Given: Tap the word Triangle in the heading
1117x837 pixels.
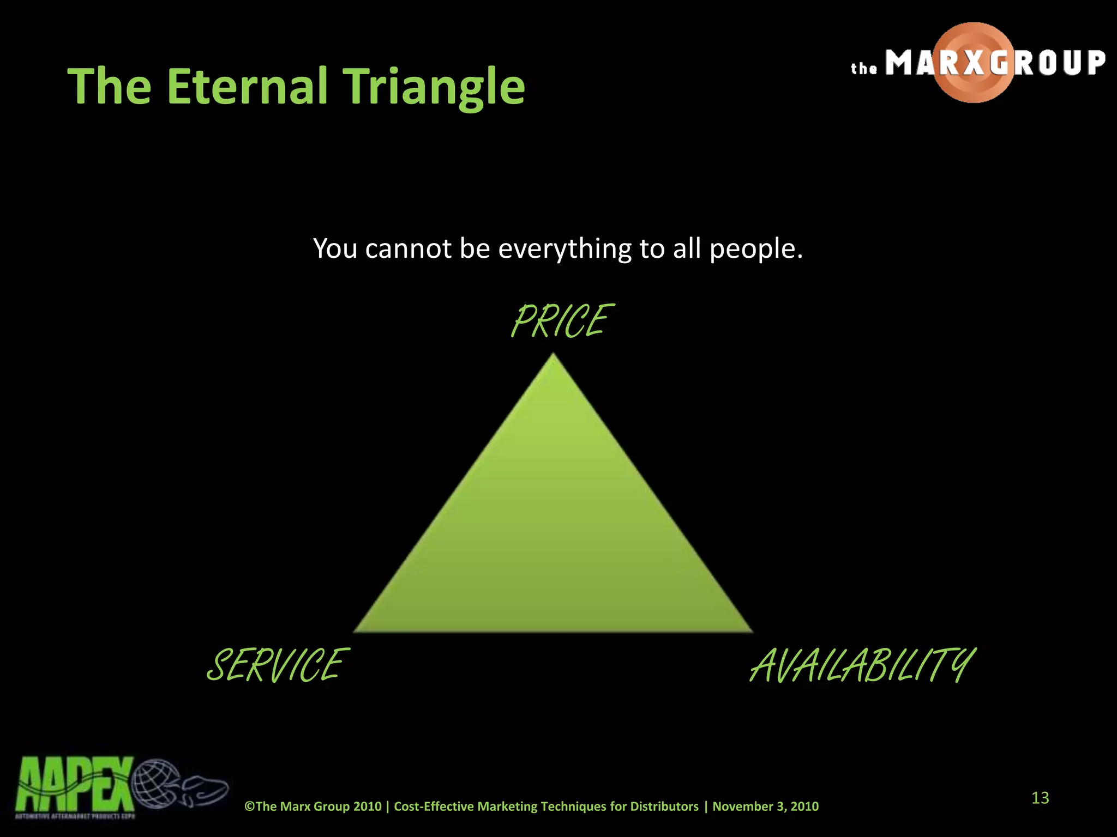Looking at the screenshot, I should coord(435,87).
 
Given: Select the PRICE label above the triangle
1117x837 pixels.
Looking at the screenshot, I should coord(562,322).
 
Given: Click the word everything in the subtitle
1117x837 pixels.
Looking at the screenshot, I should coord(564,249).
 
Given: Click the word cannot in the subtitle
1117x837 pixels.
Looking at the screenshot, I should coord(408,249).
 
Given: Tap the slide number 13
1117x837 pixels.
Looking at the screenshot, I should coord(1040,798).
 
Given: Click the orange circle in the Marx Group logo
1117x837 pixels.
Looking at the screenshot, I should coord(974,63).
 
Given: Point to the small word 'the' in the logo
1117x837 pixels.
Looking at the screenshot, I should coord(864,69).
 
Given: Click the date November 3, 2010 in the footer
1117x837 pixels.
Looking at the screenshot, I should coord(765,806).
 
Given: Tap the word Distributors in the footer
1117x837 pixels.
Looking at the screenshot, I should coord(664,806).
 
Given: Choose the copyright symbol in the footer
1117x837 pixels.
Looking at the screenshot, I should coord(250,806).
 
